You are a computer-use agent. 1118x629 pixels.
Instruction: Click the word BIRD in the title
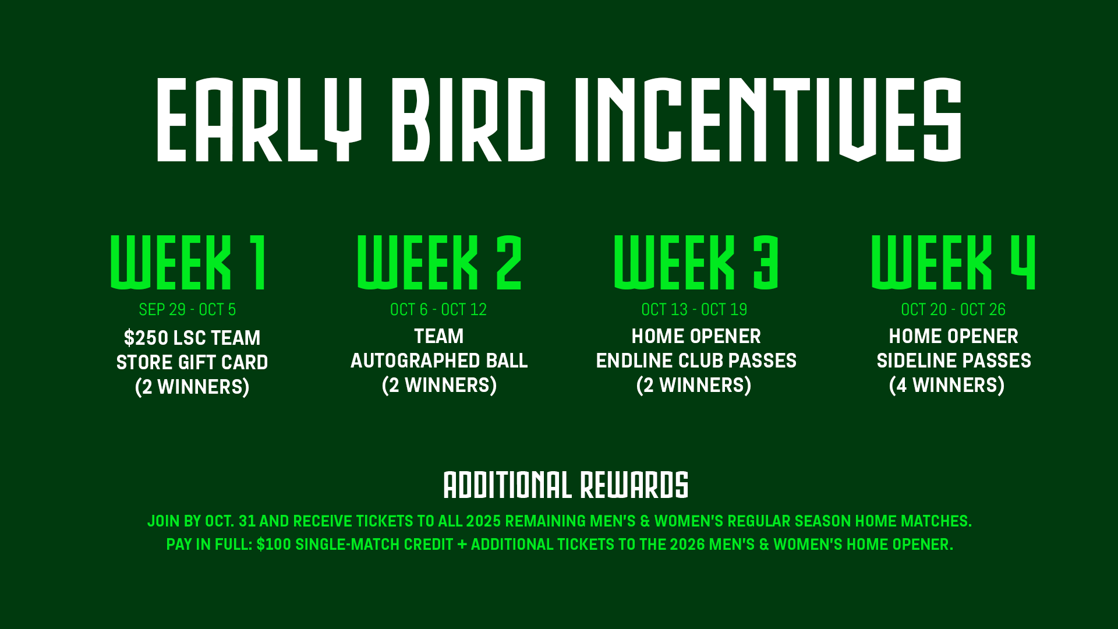(x=469, y=119)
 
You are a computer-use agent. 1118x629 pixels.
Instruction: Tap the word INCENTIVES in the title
(x=768, y=119)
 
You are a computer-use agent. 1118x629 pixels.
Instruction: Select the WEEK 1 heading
(x=189, y=262)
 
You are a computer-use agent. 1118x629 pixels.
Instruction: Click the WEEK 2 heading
(x=439, y=262)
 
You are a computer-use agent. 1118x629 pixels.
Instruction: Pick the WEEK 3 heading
(x=696, y=262)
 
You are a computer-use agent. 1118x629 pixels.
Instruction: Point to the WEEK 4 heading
(x=953, y=262)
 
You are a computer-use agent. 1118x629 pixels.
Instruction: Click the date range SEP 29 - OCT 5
(x=187, y=309)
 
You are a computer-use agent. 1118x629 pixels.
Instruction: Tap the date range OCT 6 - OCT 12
(x=438, y=309)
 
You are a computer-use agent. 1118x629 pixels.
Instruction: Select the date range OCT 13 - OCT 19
(x=694, y=309)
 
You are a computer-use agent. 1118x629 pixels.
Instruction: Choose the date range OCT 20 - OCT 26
(x=953, y=309)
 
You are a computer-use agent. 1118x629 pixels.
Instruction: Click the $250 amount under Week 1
(x=146, y=338)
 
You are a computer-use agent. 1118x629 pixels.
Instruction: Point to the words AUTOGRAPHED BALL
(x=439, y=361)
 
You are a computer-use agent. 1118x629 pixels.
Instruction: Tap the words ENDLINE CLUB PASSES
(x=696, y=361)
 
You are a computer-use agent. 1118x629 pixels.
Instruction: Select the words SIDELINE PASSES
(x=954, y=361)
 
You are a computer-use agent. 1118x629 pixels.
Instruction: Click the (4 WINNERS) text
(x=947, y=385)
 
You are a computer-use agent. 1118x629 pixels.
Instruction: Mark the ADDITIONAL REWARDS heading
(x=566, y=485)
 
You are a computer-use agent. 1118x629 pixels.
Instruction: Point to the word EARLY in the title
(x=259, y=119)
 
